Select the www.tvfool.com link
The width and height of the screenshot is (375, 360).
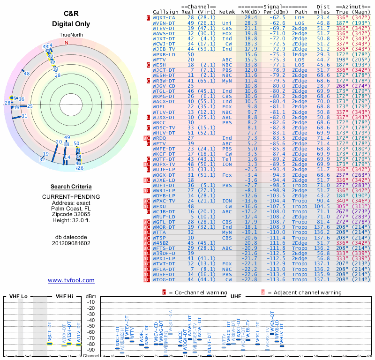point(71,280)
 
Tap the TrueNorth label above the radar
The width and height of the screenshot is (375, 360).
point(70,35)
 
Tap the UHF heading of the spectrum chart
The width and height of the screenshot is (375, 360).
point(236,297)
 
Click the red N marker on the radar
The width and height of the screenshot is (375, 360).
point(66,42)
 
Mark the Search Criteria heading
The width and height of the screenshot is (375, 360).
point(71,187)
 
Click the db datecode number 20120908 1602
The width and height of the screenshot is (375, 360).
point(71,244)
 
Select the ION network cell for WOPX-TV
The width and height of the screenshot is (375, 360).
point(227,165)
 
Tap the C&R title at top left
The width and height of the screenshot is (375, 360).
point(71,15)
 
